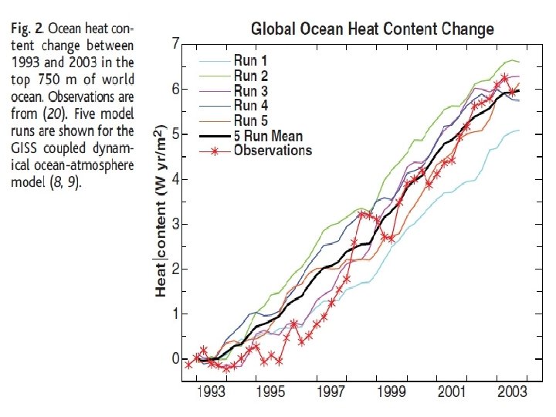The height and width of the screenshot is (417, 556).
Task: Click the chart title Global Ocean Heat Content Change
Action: (x=372, y=30)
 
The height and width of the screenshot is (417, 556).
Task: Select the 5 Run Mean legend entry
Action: (x=268, y=135)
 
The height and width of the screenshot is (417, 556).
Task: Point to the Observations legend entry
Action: (x=273, y=150)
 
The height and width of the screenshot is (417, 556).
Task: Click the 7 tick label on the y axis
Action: (x=175, y=43)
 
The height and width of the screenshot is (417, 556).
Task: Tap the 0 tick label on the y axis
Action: (x=175, y=359)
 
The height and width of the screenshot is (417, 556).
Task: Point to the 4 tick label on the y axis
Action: (x=175, y=179)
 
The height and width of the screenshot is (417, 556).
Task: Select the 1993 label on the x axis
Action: (x=211, y=391)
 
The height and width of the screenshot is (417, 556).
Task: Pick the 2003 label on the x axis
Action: (x=511, y=391)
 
